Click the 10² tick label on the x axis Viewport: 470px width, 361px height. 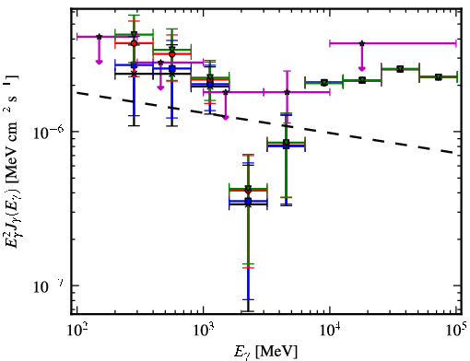77,331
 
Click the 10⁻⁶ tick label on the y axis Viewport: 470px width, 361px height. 49,133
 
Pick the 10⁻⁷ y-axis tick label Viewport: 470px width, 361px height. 49,286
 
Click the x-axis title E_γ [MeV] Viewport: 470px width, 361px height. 265,352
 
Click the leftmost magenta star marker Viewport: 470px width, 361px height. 99,37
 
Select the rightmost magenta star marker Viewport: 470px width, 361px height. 362,43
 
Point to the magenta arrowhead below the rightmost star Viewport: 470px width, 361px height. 362,68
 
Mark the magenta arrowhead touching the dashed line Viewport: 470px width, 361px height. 226,117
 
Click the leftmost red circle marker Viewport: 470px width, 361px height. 134,43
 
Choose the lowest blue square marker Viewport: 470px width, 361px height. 248,201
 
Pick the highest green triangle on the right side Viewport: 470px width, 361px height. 400,69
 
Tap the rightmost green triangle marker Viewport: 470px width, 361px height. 439,76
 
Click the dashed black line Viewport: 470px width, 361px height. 266,122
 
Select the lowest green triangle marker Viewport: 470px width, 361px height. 248,188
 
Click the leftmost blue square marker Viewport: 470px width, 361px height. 134,65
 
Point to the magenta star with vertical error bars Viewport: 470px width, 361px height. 287,92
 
